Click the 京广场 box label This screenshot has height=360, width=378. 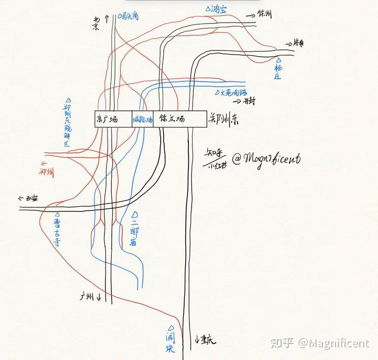(106, 119)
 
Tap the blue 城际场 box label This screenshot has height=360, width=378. (142, 120)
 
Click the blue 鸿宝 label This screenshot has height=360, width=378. (217, 9)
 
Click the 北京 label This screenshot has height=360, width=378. (96, 24)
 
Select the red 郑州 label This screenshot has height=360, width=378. (46, 172)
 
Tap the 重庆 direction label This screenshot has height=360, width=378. (206, 340)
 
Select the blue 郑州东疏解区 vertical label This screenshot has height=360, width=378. (67, 124)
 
